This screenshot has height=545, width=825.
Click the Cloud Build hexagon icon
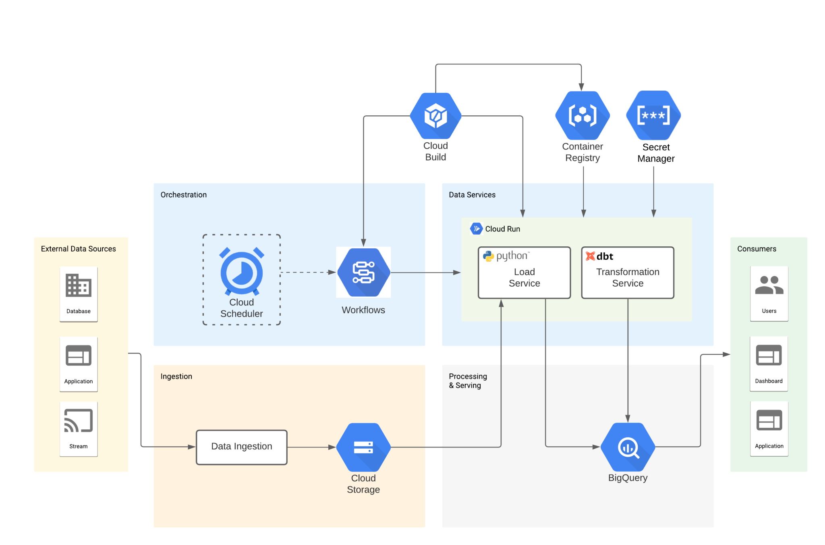tap(435, 116)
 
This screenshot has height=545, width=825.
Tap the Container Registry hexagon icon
tap(582, 116)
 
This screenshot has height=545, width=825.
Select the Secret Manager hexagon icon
tap(653, 115)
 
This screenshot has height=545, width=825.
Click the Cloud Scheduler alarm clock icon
tap(241, 272)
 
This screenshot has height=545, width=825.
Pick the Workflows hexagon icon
tap(363, 272)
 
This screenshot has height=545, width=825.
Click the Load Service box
tap(524, 273)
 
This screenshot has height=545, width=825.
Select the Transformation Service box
tap(627, 273)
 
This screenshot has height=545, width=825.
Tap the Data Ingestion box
tap(241, 447)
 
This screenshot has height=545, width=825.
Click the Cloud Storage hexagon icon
tap(363, 447)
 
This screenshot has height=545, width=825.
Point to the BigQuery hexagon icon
tap(628, 447)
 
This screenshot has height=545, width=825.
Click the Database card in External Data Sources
tap(79, 294)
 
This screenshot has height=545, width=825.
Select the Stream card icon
tap(79, 421)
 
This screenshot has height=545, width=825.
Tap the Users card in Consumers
tap(769, 293)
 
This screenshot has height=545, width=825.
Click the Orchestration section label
tap(183, 195)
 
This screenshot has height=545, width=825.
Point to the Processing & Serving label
tap(467, 381)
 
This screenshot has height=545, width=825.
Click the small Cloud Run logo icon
tap(476, 229)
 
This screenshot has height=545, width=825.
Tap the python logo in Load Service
tap(488, 256)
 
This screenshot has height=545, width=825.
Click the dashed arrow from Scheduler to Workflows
tap(308, 272)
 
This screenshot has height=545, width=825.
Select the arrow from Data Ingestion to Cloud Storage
tap(311, 447)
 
